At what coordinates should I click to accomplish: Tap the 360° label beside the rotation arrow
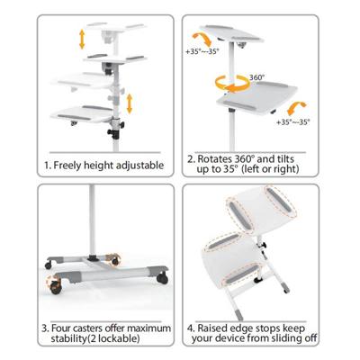click(256, 78)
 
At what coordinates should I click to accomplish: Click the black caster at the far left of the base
click(44, 268)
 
